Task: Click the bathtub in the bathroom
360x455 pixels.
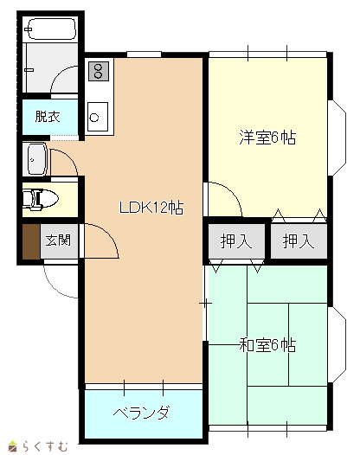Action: click(52, 29)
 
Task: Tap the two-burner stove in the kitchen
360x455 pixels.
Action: click(99, 71)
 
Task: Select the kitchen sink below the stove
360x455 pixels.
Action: click(98, 117)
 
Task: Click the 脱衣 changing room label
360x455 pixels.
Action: click(48, 117)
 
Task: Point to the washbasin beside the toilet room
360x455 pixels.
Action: click(37, 159)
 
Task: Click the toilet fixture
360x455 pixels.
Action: click(41, 199)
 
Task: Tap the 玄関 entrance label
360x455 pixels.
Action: click(58, 240)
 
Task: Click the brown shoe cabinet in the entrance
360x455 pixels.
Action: click(31, 241)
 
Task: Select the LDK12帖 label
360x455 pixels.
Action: click(151, 208)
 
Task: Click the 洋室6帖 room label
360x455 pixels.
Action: click(267, 138)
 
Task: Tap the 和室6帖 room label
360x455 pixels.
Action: click(267, 345)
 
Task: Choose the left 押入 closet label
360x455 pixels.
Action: click(236, 241)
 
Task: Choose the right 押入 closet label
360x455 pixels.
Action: click(299, 241)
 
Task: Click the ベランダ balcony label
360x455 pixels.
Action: click(141, 413)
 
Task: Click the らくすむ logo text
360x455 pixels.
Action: click(45, 446)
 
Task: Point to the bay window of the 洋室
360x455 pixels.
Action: click(337, 138)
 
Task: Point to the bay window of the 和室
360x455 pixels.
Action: click(337, 345)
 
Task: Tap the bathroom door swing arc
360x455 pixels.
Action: click(58, 74)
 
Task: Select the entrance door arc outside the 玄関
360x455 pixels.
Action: click(53, 288)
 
